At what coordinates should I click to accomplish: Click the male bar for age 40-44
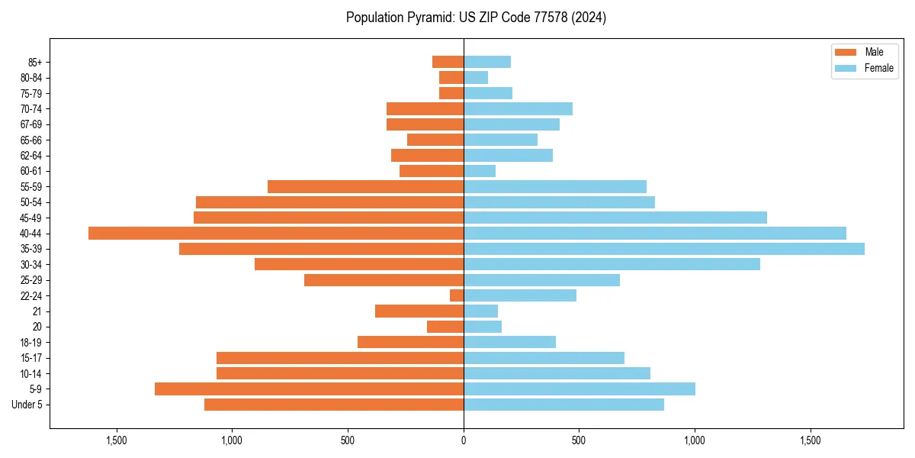point(276,234)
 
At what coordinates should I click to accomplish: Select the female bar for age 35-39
point(663,249)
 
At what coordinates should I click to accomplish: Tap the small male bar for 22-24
point(457,295)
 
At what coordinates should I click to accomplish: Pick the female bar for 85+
point(487,62)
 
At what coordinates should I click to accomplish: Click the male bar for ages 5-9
point(309,389)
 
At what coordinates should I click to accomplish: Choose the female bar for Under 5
point(563,405)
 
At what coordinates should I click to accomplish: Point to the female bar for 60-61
point(480,171)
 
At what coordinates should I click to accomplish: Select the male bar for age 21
point(419,311)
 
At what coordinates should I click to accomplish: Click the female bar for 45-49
point(615,218)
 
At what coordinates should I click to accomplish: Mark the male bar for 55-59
point(365,187)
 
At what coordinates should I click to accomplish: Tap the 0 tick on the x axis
point(464,441)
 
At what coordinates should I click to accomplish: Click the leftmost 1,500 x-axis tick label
point(117,441)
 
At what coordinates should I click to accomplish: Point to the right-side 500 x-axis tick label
point(579,441)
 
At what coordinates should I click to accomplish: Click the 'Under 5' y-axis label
point(27,405)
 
